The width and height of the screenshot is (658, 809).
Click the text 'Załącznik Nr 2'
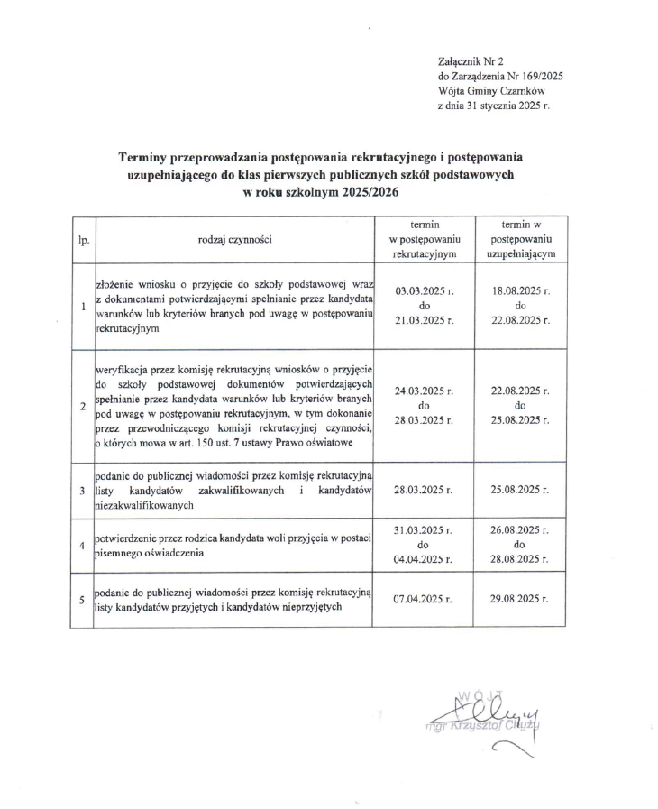[x=468, y=60]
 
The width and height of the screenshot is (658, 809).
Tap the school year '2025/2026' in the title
[x=365, y=192]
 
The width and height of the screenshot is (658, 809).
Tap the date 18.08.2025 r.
[x=521, y=291]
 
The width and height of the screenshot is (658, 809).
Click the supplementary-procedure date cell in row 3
[x=521, y=490]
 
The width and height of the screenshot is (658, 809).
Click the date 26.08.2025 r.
[x=521, y=530]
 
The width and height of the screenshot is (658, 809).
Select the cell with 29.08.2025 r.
[x=521, y=598]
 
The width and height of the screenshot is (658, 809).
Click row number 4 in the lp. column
[x=83, y=546]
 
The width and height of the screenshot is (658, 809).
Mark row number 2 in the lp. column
[x=83, y=407]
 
